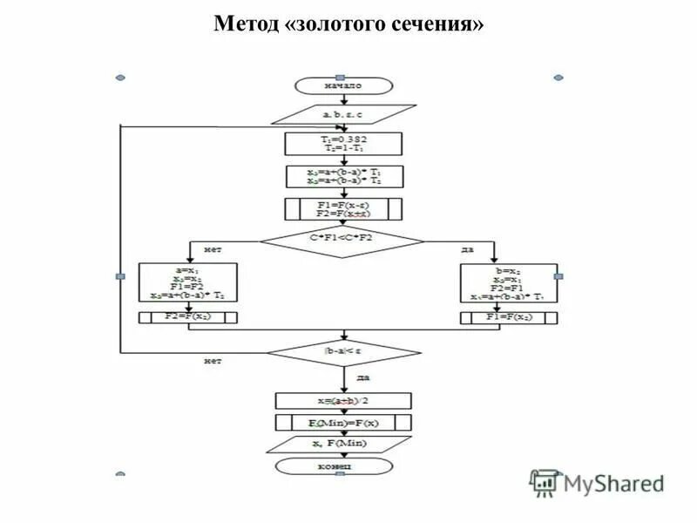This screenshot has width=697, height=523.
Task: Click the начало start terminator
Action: [x=342, y=85]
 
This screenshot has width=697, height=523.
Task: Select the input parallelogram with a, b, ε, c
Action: [x=343, y=113]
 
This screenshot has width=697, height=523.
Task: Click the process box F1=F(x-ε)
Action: [x=343, y=210]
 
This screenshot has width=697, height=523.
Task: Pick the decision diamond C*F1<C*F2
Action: [x=342, y=236]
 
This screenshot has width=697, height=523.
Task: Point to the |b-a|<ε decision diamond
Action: [x=342, y=353]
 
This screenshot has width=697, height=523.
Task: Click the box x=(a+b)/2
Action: [x=342, y=401]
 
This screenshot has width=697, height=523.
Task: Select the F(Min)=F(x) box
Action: [x=342, y=423]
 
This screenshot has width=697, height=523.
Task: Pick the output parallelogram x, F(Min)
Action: [x=342, y=445]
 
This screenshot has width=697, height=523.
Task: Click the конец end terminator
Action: [x=342, y=467]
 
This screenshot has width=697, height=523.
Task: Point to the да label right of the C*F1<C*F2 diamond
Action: [x=467, y=249]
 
